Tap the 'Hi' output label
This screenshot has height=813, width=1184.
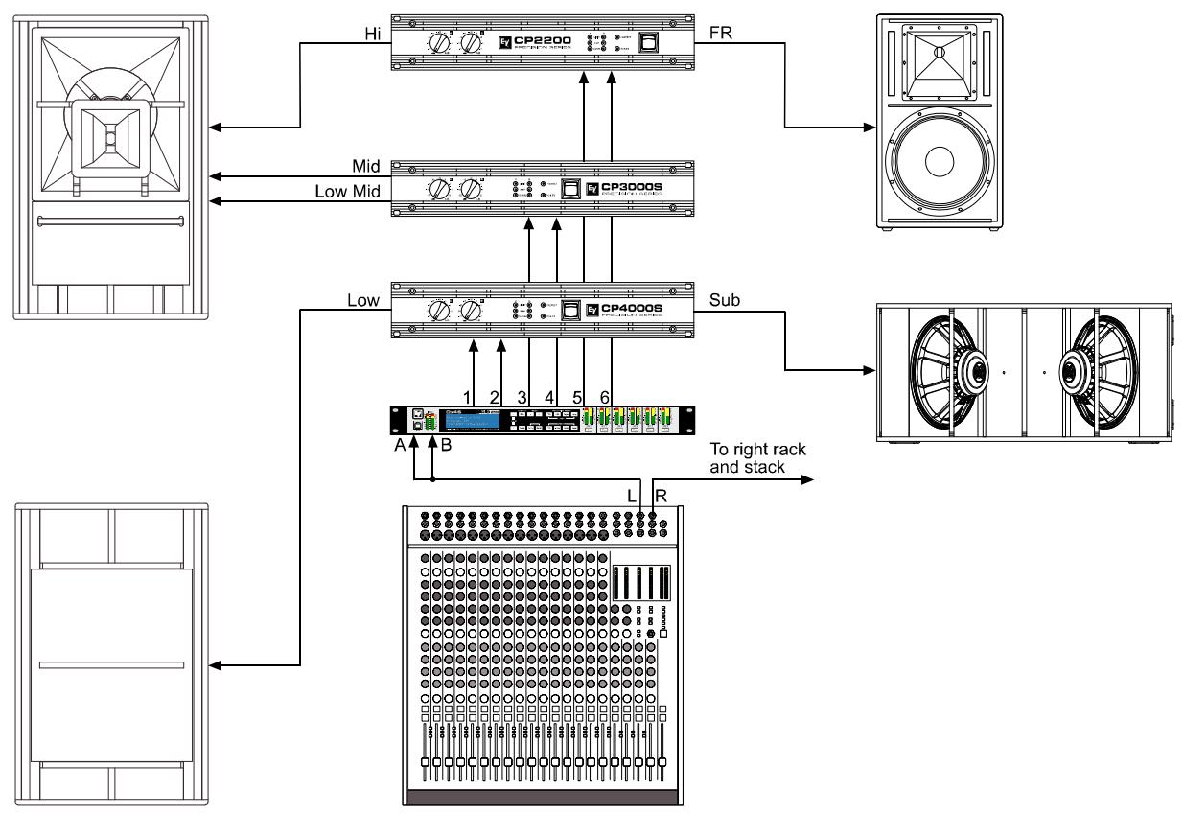pyautogui.click(x=372, y=32)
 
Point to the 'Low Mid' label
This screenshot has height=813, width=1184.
pyautogui.click(x=349, y=192)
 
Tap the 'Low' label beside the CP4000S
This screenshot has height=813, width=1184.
pyautogui.click(x=365, y=300)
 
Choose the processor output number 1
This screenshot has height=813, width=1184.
pyautogui.click(x=467, y=395)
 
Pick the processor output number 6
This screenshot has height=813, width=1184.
pyautogui.click(x=604, y=395)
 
